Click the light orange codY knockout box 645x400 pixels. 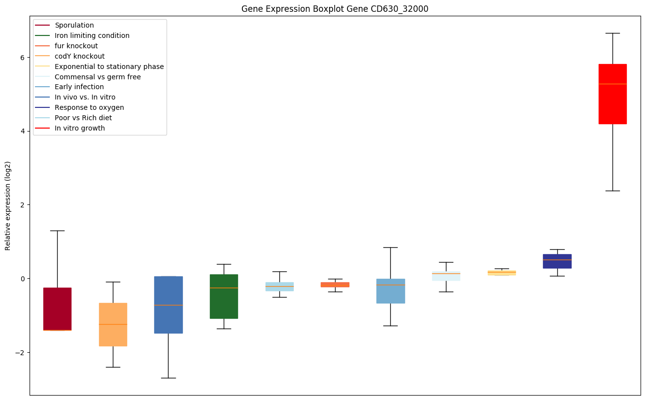coord(113,335)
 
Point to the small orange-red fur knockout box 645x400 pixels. coord(335,284)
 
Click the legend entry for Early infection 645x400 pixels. coord(79,87)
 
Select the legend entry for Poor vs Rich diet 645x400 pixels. coord(83,118)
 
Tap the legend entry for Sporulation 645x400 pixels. coord(74,25)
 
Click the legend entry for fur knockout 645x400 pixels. coord(76,46)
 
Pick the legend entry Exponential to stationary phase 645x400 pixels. coord(109,67)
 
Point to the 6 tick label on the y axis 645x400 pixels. coord(22,57)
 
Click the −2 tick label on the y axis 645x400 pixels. coord(20,353)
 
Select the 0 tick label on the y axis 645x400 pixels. coord(22,279)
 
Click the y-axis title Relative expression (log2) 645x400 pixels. coord(8,205)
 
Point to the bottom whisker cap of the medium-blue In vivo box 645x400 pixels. coord(168,378)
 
